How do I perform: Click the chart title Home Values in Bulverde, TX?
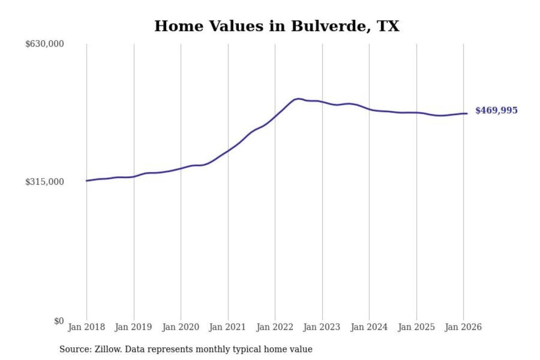(277, 26)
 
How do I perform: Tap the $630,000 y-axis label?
(45, 44)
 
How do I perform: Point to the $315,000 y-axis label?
(45, 182)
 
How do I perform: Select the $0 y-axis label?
(59, 321)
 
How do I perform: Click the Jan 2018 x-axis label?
(86, 327)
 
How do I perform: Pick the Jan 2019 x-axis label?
(133, 327)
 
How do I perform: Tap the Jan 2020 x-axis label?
(180, 327)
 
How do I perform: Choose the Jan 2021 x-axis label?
(227, 327)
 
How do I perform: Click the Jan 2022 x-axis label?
(274, 327)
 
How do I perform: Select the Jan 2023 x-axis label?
(321, 327)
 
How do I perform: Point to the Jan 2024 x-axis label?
(369, 327)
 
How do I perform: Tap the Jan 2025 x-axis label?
(416, 327)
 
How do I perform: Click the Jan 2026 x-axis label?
(463, 327)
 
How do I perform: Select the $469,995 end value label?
(496, 110)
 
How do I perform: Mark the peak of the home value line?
(298, 99)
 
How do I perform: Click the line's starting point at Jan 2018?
(87, 181)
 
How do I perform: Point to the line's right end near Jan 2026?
(466, 113)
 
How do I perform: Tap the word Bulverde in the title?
(330, 26)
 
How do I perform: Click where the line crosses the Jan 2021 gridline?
(228, 151)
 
